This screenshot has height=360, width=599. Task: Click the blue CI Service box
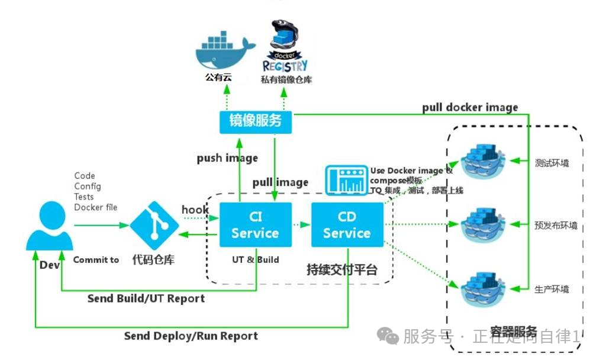(x=255, y=225)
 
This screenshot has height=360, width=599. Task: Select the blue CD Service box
(x=347, y=225)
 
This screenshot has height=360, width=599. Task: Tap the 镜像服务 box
(x=255, y=121)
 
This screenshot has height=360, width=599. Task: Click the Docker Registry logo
(x=285, y=47)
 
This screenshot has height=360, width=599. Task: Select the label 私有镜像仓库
(x=286, y=79)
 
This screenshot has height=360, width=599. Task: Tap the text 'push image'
(x=227, y=158)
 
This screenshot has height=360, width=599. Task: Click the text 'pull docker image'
(x=470, y=107)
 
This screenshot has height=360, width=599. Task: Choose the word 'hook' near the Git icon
(x=195, y=210)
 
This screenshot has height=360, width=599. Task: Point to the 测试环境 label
(x=552, y=163)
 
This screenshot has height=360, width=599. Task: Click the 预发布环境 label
(x=555, y=226)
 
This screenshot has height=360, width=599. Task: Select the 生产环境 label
(x=552, y=290)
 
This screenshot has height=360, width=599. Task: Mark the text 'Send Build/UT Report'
(x=146, y=298)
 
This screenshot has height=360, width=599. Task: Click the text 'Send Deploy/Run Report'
(x=191, y=336)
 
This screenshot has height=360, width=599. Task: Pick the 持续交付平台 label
(x=342, y=270)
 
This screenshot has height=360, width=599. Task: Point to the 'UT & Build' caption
(x=255, y=259)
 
